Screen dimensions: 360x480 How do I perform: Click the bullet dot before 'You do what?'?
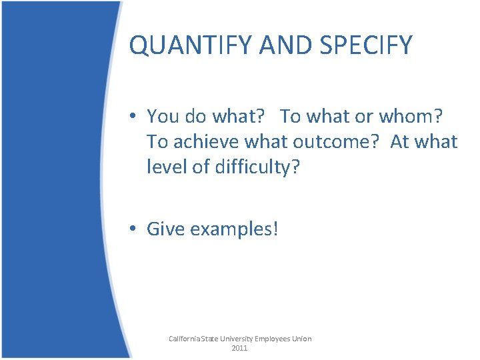(134, 117)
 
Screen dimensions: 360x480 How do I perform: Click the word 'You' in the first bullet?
(162, 116)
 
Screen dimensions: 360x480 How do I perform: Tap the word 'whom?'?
(414, 116)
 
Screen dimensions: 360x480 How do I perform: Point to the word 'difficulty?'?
(258, 167)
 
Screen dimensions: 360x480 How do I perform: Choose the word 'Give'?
(165, 229)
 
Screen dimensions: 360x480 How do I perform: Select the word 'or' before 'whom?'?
(363, 116)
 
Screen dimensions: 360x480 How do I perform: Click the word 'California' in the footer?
(187, 339)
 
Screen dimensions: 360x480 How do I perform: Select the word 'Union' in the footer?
(302, 339)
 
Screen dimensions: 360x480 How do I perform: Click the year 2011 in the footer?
(239, 348)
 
